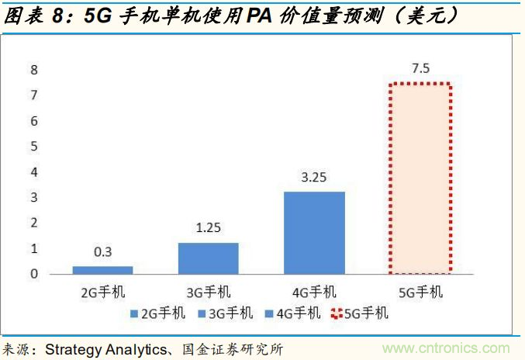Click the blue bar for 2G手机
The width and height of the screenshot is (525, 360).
point(102,270)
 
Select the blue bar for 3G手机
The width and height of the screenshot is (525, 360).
point(208,258)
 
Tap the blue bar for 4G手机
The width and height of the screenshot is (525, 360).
point(314,233)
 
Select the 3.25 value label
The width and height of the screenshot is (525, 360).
point(314,178)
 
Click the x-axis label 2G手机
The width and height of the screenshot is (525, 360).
point(102,292)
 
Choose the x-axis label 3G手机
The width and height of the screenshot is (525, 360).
point(208,292)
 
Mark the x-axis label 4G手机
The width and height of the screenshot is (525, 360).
point(314,292)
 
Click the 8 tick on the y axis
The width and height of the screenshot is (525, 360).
point(33,70)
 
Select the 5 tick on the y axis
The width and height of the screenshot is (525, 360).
point(33,147)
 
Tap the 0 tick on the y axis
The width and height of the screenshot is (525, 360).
point(33,274)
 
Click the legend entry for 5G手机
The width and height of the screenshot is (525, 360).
point(360,313)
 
